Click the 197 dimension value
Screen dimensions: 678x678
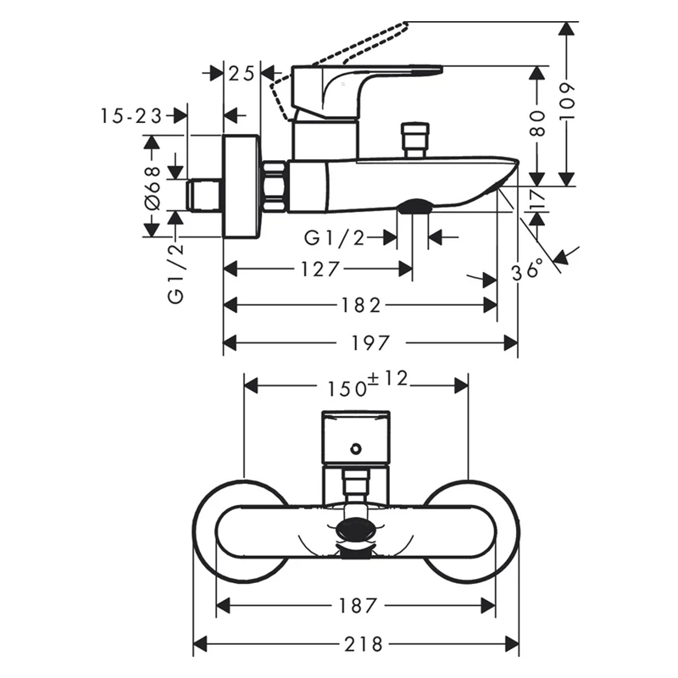click(370, 343)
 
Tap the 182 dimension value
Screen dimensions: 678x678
click(361, 306)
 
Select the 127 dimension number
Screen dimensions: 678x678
click(320, 270)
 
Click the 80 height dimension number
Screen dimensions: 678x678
click(537, 123)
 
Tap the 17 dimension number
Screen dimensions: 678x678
click(538, 199)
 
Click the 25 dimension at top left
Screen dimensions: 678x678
click(242, 74)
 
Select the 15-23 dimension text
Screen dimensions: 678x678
click(131, 116)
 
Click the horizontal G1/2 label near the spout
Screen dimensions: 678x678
click(335, 238)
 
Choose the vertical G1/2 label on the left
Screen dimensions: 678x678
click(176, 274)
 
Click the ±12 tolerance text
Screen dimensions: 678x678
click(388, 379)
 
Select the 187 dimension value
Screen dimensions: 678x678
click(358, 606)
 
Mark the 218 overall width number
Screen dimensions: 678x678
click(364, 645)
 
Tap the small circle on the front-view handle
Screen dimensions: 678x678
click(355, 449)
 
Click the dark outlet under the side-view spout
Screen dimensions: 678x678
click(414, 206)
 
